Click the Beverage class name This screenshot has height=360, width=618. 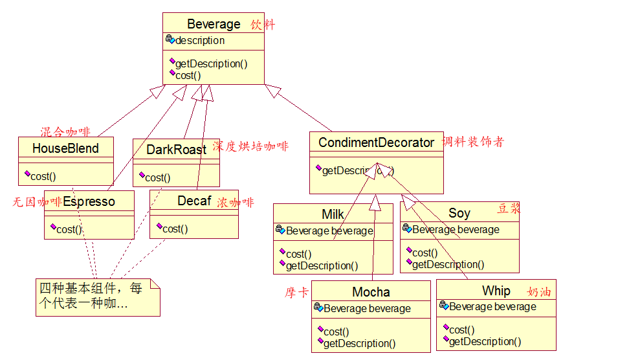[x=214, y=25]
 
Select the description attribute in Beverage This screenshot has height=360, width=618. [x=199, y=40]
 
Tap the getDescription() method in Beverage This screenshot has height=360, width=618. [x=211, y=63]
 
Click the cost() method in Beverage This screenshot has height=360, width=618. [x=188, y=75]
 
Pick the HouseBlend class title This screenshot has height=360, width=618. [x=65, y=148]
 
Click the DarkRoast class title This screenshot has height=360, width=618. [x=176, y=150]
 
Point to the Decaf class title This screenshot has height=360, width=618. [x=194, y=201]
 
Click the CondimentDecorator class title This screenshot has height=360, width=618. [x=376, y=142]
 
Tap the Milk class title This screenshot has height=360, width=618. [x=333, y=214]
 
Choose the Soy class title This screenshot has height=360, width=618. [x=459, y=213]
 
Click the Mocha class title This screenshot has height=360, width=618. [x=371, y=292]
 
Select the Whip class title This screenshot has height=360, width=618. [x=496, y=291]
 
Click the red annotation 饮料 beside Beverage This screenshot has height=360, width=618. [x=263, y=25]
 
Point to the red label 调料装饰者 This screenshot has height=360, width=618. [x=473, y=142]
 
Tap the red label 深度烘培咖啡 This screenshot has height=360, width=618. [x=250, y=146]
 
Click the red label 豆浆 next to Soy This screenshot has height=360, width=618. [x=509, y=208]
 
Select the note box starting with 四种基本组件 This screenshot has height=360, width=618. [x=97, y=297]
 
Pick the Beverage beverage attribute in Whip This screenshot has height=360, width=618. [x=492, y=306]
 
